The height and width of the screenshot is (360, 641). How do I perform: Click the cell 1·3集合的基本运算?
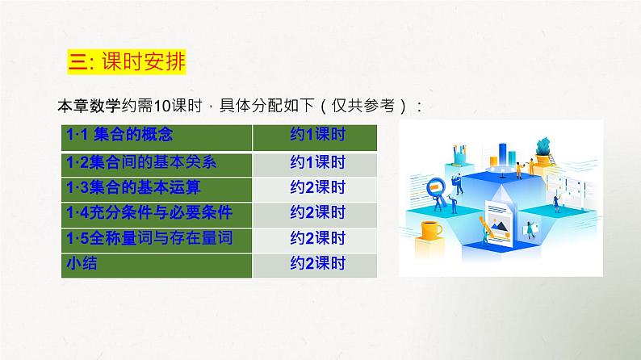pyautogui.click(x=134, y=186)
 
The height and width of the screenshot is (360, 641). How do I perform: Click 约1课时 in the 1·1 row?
pyautogui.click(x=317, y=136)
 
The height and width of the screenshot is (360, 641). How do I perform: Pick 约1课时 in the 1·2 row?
pyautogui.click(x=317, y=161)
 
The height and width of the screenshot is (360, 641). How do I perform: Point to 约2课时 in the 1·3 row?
pyautogui.click(x=317, y=187)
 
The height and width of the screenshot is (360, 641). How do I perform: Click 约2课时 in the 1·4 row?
pyautogui.click(x=317, y=212)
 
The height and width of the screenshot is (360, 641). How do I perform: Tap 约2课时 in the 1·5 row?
pyautogui.click(x=317, y=238)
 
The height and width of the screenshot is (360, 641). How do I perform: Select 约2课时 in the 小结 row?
pyautogui.click(x=317, y=263)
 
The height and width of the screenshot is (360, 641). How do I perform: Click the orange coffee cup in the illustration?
pyautogui.click(x=432, y=229)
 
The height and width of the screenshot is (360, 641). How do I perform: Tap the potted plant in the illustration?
pyautogui.click(x=546, y=149)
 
